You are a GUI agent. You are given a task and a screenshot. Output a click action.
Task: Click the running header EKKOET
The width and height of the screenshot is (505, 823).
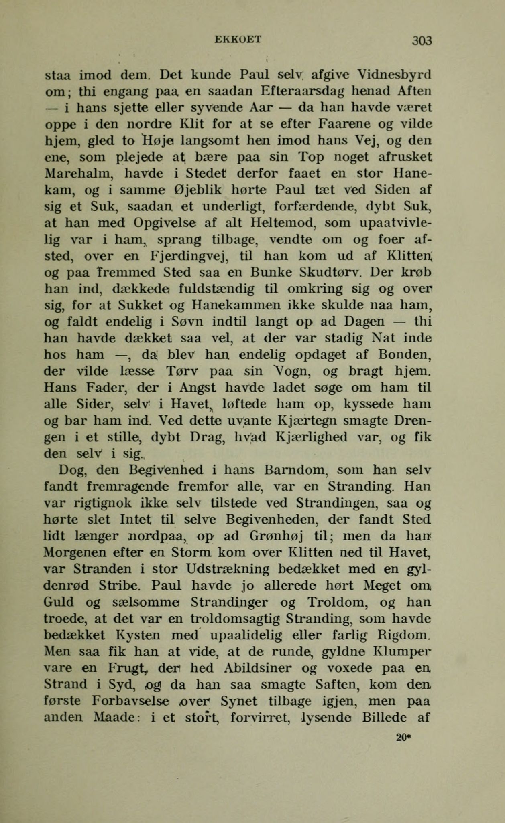click(x=238, y=39)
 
